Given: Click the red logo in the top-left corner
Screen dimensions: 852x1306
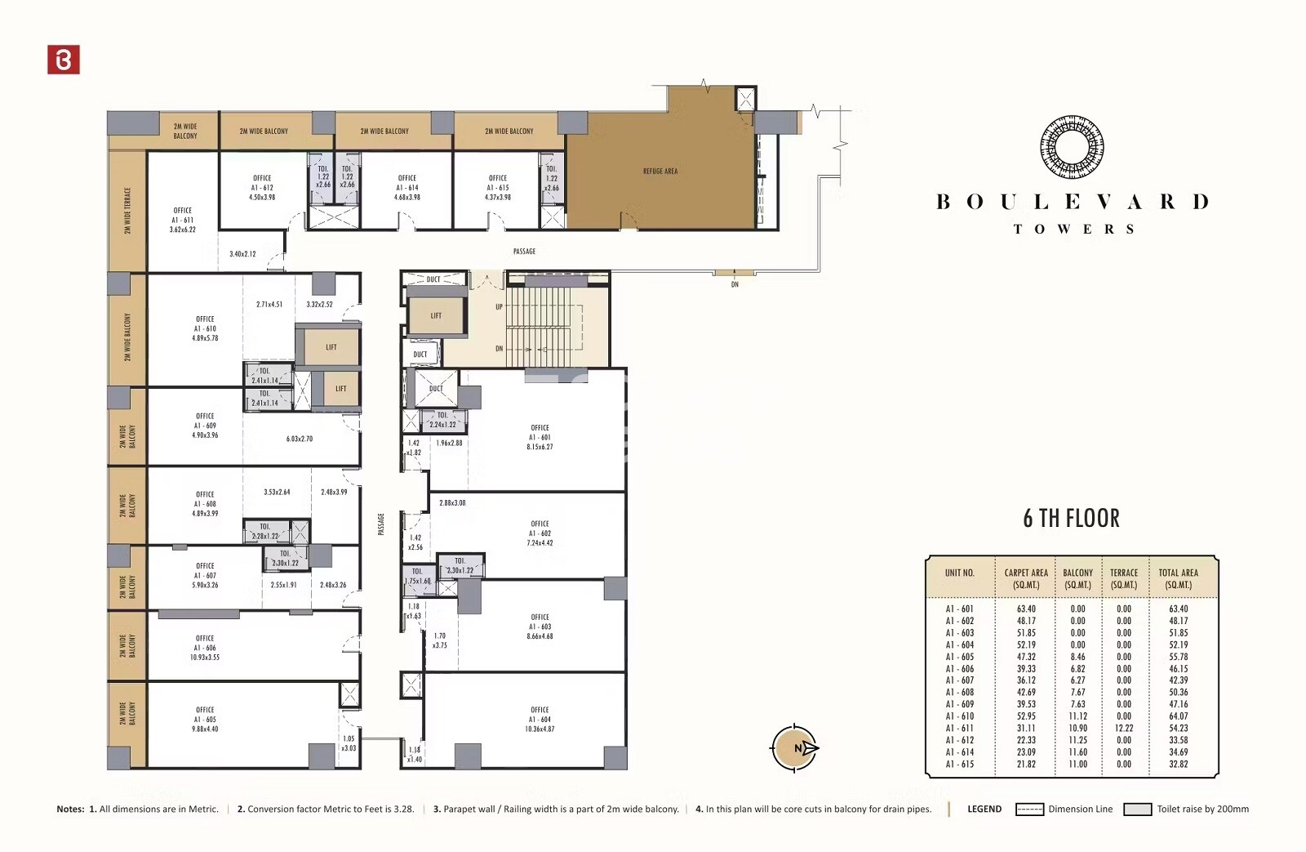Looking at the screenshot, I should [64, 60].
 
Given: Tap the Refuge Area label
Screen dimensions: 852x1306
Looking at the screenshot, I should [660, 172].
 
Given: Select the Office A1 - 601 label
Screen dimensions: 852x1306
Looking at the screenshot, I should [540, 437].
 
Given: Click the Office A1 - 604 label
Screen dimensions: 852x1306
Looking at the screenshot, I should [540, 719].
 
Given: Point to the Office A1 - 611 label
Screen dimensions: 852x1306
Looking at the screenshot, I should [183, 220].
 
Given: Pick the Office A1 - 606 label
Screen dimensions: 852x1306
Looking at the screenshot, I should [205, 648].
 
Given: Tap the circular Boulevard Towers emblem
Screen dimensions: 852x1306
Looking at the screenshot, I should [1072, 147].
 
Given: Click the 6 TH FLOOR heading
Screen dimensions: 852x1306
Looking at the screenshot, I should [1071, 519].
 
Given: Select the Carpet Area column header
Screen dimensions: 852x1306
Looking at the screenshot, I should [1026, 578].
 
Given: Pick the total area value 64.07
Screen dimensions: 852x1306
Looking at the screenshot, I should [1178, 716].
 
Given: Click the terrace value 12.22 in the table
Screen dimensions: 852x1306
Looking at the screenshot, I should [1124, 729].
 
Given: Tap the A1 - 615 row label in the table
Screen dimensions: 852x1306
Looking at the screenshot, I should [959, 765].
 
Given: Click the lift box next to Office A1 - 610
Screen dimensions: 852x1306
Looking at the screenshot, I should [331, 347].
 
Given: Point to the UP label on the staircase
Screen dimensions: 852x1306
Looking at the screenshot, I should [500, 307].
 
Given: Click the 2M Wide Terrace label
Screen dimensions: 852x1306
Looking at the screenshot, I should [127, 211].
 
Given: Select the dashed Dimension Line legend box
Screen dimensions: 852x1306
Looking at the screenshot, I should [1029, 810].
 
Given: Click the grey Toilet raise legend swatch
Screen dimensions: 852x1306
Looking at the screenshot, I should [1137, 810].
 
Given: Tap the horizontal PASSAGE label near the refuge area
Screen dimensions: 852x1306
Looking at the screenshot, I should [524, 252].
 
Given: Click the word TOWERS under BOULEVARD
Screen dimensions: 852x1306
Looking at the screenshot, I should [1073, 230].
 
